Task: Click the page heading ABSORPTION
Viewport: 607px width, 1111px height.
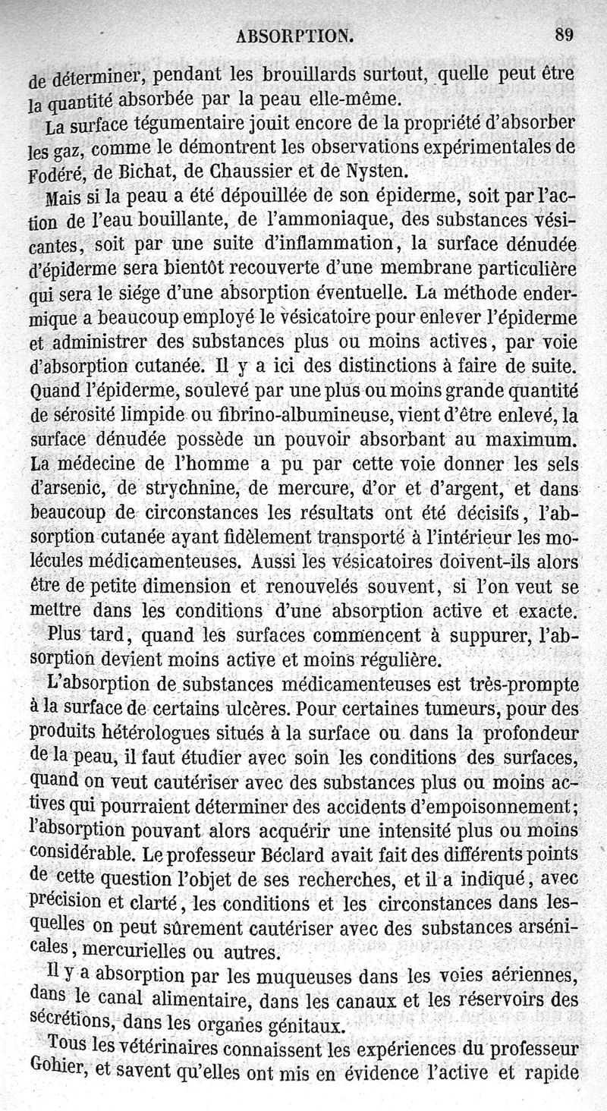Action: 295,35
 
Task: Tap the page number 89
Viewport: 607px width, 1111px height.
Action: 564,34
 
